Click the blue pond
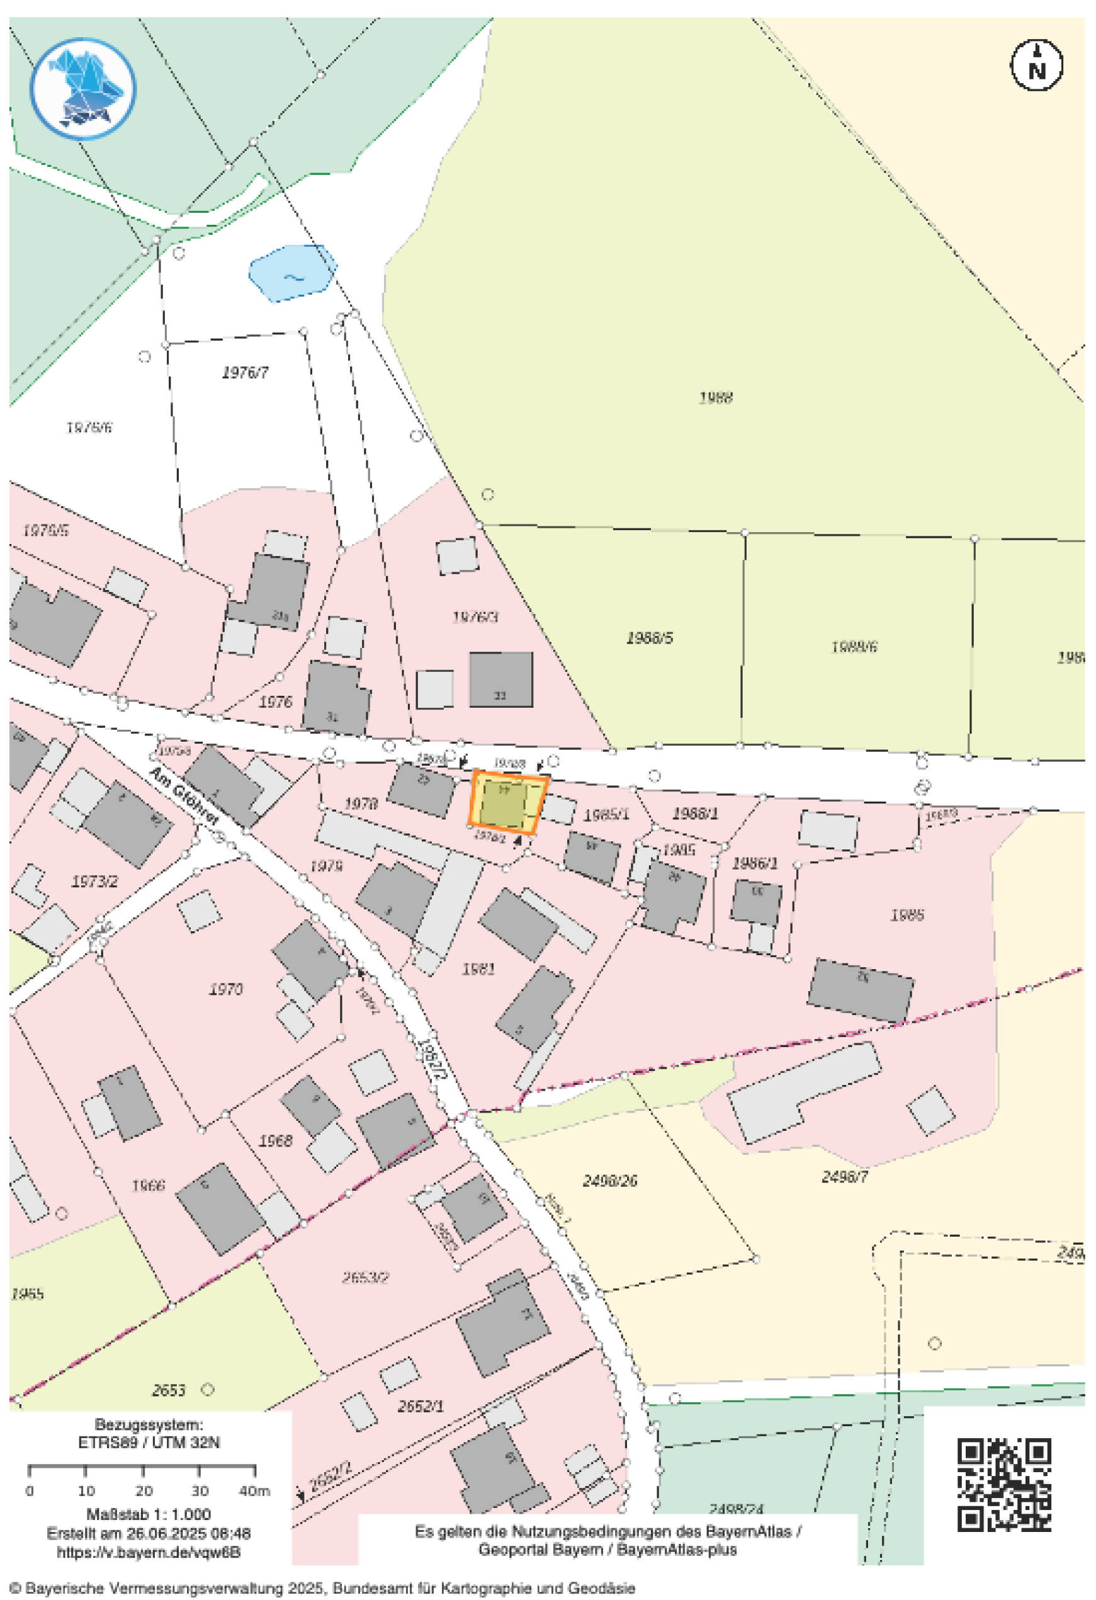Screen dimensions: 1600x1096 tap(292, 273)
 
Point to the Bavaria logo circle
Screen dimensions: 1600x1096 tap(82, 89)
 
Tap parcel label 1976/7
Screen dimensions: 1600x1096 tap(245, 373)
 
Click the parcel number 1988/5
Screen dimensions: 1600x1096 tap(649, 638)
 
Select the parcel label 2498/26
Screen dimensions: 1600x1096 tap(610, 1181)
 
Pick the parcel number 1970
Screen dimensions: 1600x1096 tap(226, 990)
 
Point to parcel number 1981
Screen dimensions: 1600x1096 tap(478, 969)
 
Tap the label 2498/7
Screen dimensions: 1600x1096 tap(845, 1177)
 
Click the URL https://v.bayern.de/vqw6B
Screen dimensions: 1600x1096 tap(149, 1553)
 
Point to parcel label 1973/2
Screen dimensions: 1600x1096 tap(94, 882)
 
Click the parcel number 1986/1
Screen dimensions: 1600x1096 tap(755, 863)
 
